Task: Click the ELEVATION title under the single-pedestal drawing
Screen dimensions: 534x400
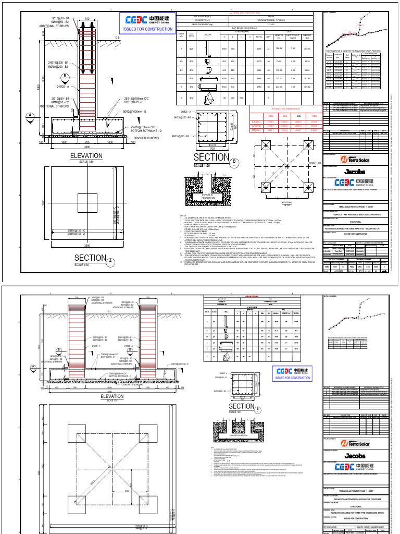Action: pos(87,156)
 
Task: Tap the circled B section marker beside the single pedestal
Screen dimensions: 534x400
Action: pos(65,77)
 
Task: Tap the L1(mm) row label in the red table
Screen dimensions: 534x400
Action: pos(255,121)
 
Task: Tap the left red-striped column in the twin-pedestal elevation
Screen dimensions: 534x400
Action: pos(77,334)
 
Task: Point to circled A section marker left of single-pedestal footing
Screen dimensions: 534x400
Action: pos(31,115)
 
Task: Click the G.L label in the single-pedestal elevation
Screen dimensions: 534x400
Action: pos(116,38)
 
